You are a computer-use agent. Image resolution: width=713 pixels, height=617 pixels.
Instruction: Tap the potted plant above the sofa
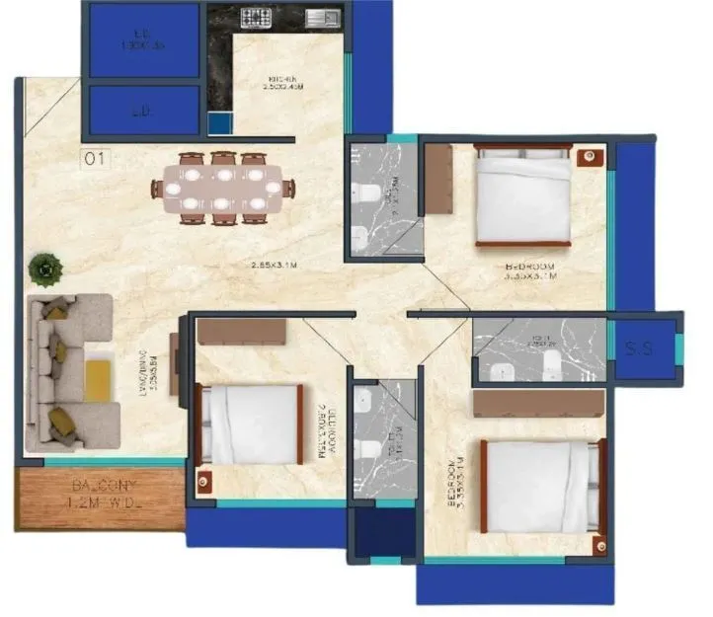(x=44, y=267)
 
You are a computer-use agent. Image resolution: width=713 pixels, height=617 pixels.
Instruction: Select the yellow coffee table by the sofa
(x=97, y=379)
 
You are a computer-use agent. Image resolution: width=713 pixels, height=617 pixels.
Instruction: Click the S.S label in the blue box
(x=639, y=348)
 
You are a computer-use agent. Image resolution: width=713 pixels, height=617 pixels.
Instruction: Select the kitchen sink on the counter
(x=322, y=17)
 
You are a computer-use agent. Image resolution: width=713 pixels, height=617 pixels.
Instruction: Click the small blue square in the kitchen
(x=219, y=122)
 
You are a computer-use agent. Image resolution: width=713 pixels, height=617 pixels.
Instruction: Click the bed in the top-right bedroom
(x=523, y=194)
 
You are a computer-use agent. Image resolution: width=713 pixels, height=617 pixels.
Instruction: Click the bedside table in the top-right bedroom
(x=589, y=156)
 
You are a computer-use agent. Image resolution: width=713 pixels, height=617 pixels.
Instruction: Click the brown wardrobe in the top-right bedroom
(x=437, y=178)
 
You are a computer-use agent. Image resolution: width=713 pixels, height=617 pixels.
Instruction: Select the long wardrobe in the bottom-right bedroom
(x=538, y=403)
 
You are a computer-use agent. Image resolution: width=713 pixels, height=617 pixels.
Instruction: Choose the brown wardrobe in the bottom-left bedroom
(x=241, y=331)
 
